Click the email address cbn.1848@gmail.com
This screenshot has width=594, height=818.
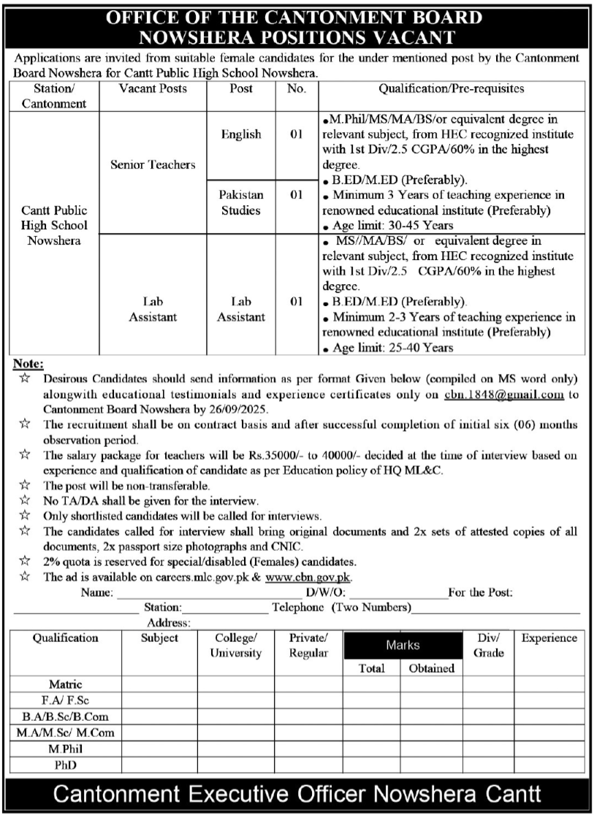[x=503, y=394]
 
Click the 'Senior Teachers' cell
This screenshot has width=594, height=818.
[x=153, y=165]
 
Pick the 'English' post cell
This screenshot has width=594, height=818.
[x=241, y=134]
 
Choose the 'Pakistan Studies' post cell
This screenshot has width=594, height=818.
[x=241, y=203]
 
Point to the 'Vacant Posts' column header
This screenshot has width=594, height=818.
[x=153, y=88]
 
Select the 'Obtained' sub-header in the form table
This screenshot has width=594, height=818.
[x=431, y=668]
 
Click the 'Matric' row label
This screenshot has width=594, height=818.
[x=65, y=685]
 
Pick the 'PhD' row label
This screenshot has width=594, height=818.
[x=65, y=765]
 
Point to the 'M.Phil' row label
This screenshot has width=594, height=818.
[x=65, y=749]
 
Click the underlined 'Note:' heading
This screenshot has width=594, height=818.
[x=28, y=364]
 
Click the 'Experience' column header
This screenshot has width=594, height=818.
[x=549, y=638]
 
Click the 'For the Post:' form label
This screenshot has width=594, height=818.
[x=480, y=592]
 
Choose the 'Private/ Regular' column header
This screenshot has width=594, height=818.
[x=308, y=646]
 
